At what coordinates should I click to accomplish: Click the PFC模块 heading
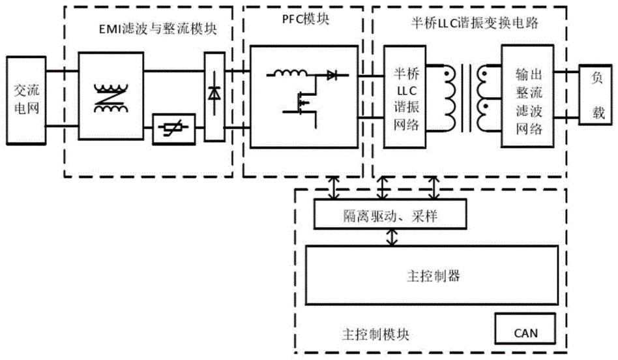click(302, 18)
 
